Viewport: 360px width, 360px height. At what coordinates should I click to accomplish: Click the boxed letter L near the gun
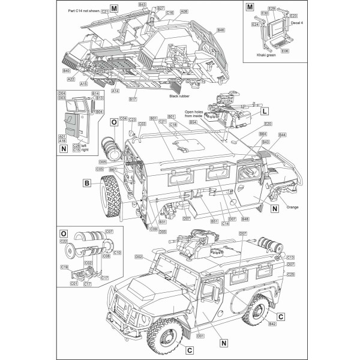click(265, 112)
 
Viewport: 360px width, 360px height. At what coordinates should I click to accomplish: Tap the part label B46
click(221, 30)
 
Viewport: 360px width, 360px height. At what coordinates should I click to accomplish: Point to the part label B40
click(67, 71)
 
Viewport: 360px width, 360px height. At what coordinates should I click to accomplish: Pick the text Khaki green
click(266, 54)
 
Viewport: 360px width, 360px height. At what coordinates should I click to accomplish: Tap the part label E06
click(285, 51)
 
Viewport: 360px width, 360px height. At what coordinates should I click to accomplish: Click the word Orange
click(293, 208)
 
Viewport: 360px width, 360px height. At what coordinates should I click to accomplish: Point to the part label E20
click(268, 124)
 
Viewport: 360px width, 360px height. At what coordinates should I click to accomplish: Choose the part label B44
click(283, 135)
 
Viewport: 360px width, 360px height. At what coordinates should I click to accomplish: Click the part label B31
click(163, 222)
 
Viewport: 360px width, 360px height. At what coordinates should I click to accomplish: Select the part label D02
click(138, 257)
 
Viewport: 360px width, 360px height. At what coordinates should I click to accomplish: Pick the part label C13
click(290, 257)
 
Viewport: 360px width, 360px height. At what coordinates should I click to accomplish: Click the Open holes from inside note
click(195, 115)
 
